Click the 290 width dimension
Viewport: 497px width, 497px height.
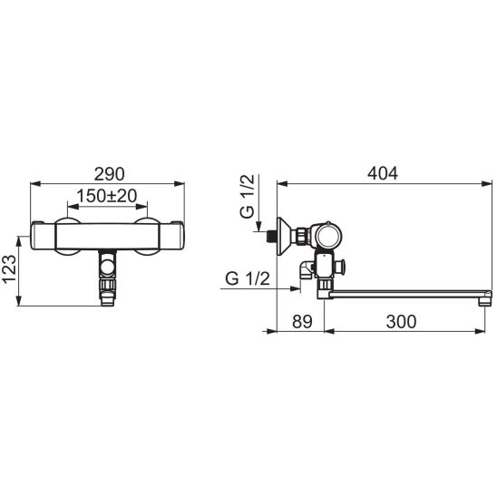pyautogui.click(x=110, y=174)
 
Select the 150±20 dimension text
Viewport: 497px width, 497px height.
pyautogui.click(x=107, y=196)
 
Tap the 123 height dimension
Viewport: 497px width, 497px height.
pyautogui.click(x=9, y=268)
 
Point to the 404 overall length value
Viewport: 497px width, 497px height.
pyautogui.click(x=383, y=173)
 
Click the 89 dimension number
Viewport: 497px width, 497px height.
pyautogui.click(x=302, y=321)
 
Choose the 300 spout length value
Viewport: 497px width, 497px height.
pyautogui.click(x=401, y=321)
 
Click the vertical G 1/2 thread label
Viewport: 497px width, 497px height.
pyautogui.click(x=248, y=196)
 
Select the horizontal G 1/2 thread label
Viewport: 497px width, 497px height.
pyautogui.click(x=248, y=278)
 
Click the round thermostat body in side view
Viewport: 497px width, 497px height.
pyautogui.click(x=328, y=237)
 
